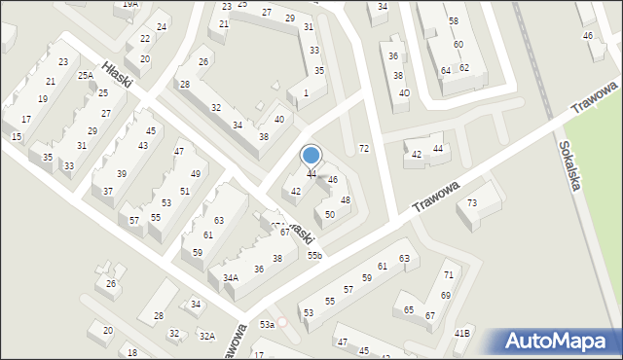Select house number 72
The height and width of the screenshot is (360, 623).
(x=364, y=148)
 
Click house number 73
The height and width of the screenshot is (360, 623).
(x=472, y=202)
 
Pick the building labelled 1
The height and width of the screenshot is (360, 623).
(x=307, y=92)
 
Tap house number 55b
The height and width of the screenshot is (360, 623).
(x=314, y=255)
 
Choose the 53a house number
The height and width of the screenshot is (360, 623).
(x=266, y=324)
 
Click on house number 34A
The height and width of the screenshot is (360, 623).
(x=230, y=277)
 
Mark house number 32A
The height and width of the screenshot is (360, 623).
(x=206, y=336)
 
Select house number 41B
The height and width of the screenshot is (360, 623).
(x=462, y=334)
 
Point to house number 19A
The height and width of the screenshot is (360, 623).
(x=130, y=4)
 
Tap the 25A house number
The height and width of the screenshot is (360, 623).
(x=86, y=75)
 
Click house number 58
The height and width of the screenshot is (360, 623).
(x=454, y=20)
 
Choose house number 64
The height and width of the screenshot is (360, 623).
(x=445, y=70)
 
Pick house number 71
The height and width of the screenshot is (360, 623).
(x=448, y=276)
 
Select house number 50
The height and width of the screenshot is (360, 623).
(x=330, y=214)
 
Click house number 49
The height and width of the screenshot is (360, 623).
(x=196, y=173)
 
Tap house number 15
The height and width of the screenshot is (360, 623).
(x=17, y=137)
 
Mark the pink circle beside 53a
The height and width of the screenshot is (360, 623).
(x=283, y=322)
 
